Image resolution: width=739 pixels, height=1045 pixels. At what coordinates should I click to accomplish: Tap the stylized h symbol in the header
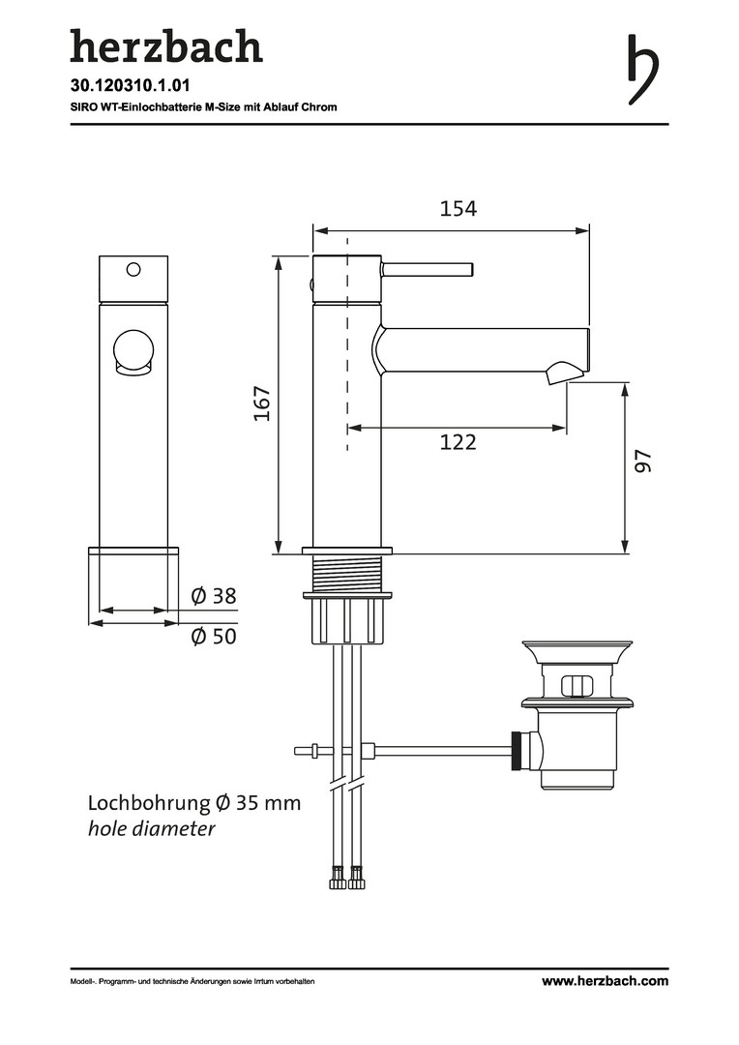pos(643,70)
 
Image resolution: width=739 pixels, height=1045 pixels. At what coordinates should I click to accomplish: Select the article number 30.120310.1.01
pos(131,86)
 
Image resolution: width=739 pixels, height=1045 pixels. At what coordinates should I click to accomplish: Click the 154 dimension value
pos(458,209)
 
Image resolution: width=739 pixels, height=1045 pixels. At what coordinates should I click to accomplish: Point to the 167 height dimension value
pos(262,403)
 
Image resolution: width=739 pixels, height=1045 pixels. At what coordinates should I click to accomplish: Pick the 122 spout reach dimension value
pos(458,442)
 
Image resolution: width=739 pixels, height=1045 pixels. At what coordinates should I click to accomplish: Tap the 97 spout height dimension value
pos(642,462)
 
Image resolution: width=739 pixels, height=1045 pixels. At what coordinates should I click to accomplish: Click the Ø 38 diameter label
pos(213,595)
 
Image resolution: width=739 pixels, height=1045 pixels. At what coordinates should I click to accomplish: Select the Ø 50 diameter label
pos(213,636)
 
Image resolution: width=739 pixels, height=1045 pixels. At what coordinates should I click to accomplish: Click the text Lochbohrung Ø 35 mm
pos(194,803)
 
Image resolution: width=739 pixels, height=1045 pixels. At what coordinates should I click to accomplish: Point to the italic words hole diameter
pos(152,829)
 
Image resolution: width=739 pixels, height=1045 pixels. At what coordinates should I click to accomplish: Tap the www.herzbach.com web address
pos(605,981)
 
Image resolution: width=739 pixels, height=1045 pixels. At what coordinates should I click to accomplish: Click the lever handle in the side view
pos(428,269)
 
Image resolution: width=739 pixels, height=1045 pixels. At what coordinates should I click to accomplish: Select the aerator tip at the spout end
pos(564,373)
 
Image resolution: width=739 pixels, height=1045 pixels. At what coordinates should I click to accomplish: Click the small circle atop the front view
pos(133,269)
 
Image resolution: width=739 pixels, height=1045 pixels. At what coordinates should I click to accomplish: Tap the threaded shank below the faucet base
pos(346,573)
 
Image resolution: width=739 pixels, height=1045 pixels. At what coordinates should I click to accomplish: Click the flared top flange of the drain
pos(576,652)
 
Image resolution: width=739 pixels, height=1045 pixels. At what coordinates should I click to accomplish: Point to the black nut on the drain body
pos(517,751)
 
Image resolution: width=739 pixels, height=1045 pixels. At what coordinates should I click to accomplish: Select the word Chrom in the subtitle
pos(322,106)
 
